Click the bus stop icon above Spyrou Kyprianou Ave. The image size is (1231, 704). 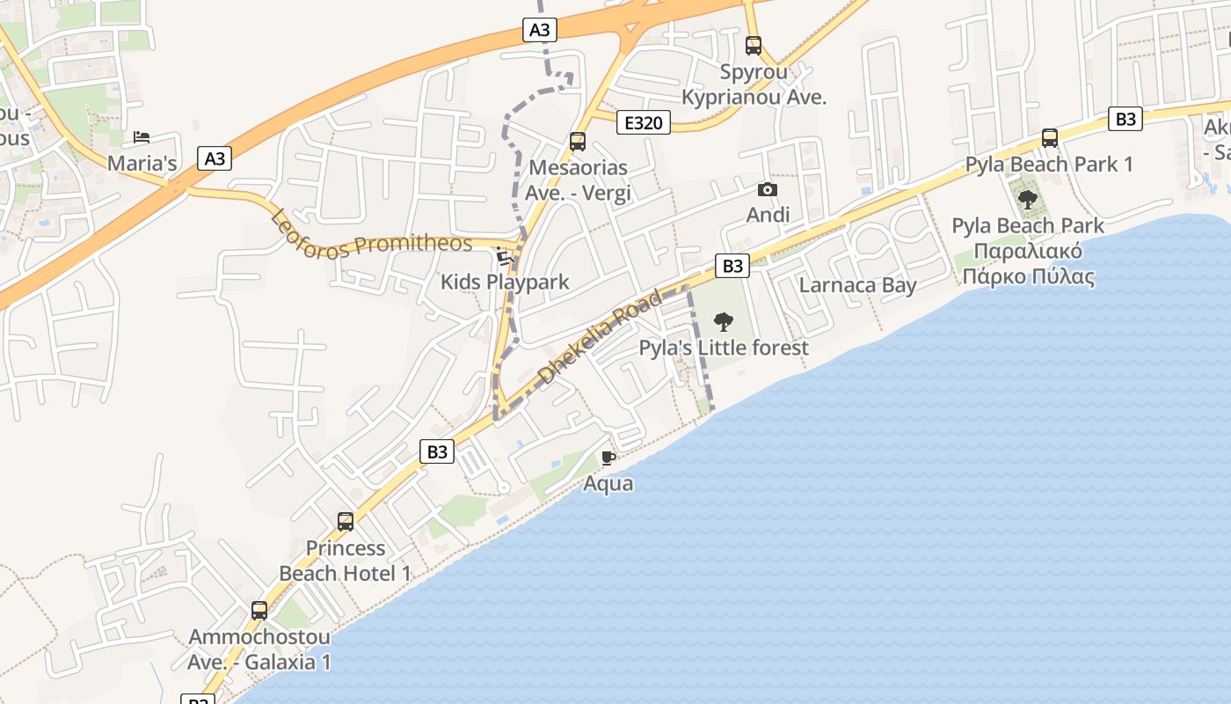pos(754,46)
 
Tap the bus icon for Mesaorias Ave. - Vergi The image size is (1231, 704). pos(578,141)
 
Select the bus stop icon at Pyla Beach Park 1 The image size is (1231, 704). pos(1049,138)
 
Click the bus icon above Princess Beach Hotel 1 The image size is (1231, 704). pos(346,522)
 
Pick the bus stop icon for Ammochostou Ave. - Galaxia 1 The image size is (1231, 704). pos(259,611)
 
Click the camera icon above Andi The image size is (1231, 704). pos(768,189)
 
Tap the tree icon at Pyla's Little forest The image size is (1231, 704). pos(724,321)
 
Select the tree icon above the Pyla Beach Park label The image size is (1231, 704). pos(1027,200)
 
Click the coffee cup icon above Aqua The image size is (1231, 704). pos(608,458)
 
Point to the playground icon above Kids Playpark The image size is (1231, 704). pos(505,256)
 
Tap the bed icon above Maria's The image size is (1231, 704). pos(142,137)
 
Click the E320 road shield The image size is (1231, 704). pos(643,122)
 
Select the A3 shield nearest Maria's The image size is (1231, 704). pos(215,158)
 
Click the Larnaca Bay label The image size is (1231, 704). pos(857,285)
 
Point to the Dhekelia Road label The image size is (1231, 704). pos(600,337)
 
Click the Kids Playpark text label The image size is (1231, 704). pos(505,282)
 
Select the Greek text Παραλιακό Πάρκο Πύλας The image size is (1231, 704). pos(1028,264)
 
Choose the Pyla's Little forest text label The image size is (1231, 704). pos(724,348)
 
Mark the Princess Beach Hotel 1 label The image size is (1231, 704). pos(346,561)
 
